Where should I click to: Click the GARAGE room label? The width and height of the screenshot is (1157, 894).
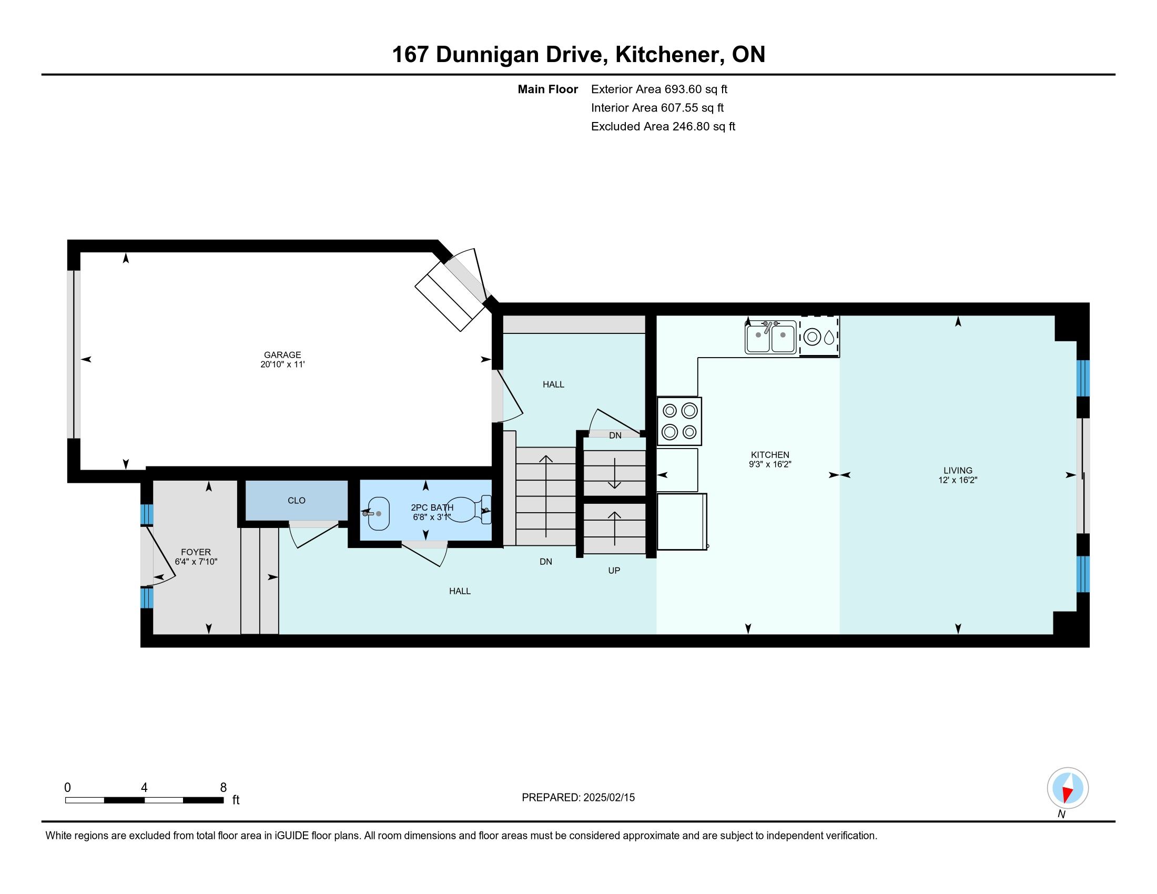point(283,355)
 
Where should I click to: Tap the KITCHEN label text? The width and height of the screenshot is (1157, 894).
point(770,454)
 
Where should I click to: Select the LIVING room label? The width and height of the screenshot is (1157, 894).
point(958,470)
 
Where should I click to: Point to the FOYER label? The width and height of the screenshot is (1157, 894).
point(196,552)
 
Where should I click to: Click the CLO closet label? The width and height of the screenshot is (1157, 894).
point(297,501)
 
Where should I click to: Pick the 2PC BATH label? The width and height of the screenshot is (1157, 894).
point(432,507)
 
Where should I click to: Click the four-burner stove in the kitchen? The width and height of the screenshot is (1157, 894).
point(679,421)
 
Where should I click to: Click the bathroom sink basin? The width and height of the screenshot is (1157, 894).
point(378,514)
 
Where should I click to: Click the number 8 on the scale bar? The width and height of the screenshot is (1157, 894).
point(224,787)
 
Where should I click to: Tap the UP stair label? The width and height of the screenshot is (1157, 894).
point(614,571)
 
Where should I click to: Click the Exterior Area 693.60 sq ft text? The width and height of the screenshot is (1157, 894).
point(659,89)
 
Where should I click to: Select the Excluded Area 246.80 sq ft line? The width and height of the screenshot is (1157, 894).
point(663,126)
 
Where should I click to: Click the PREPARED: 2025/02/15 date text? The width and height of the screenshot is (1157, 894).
point(578,797)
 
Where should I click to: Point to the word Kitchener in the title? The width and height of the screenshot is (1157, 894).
point(669,55)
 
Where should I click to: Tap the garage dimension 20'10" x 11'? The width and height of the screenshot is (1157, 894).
point(283,364)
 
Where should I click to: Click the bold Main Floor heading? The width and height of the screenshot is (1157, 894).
point(548,89)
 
